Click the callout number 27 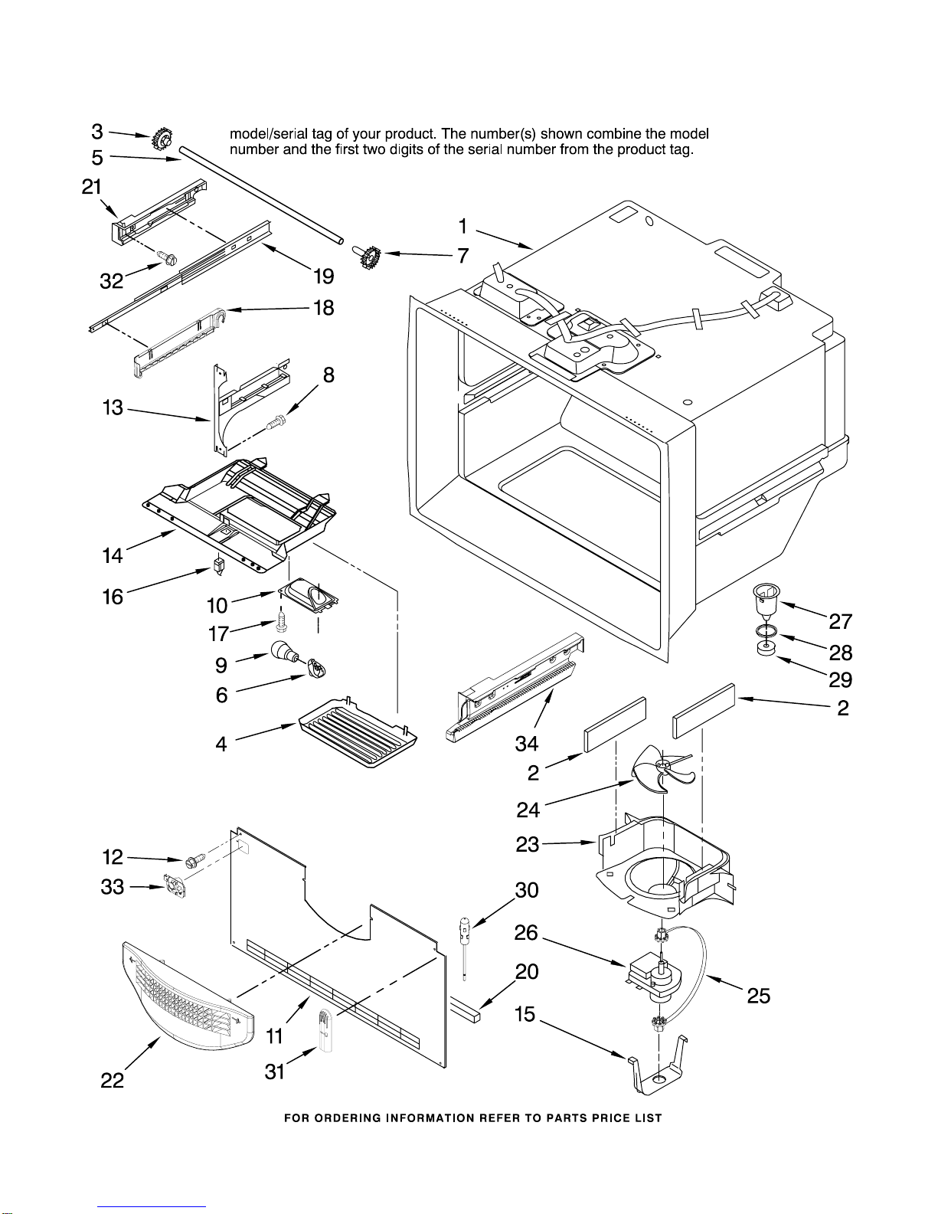(840, 621)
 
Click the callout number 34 (526, 743)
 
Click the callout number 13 (113, 407)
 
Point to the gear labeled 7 (371, 256)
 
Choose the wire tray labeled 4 (358, 731)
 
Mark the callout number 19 (324, 276)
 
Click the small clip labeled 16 (220, 566)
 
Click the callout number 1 (462, 227)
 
